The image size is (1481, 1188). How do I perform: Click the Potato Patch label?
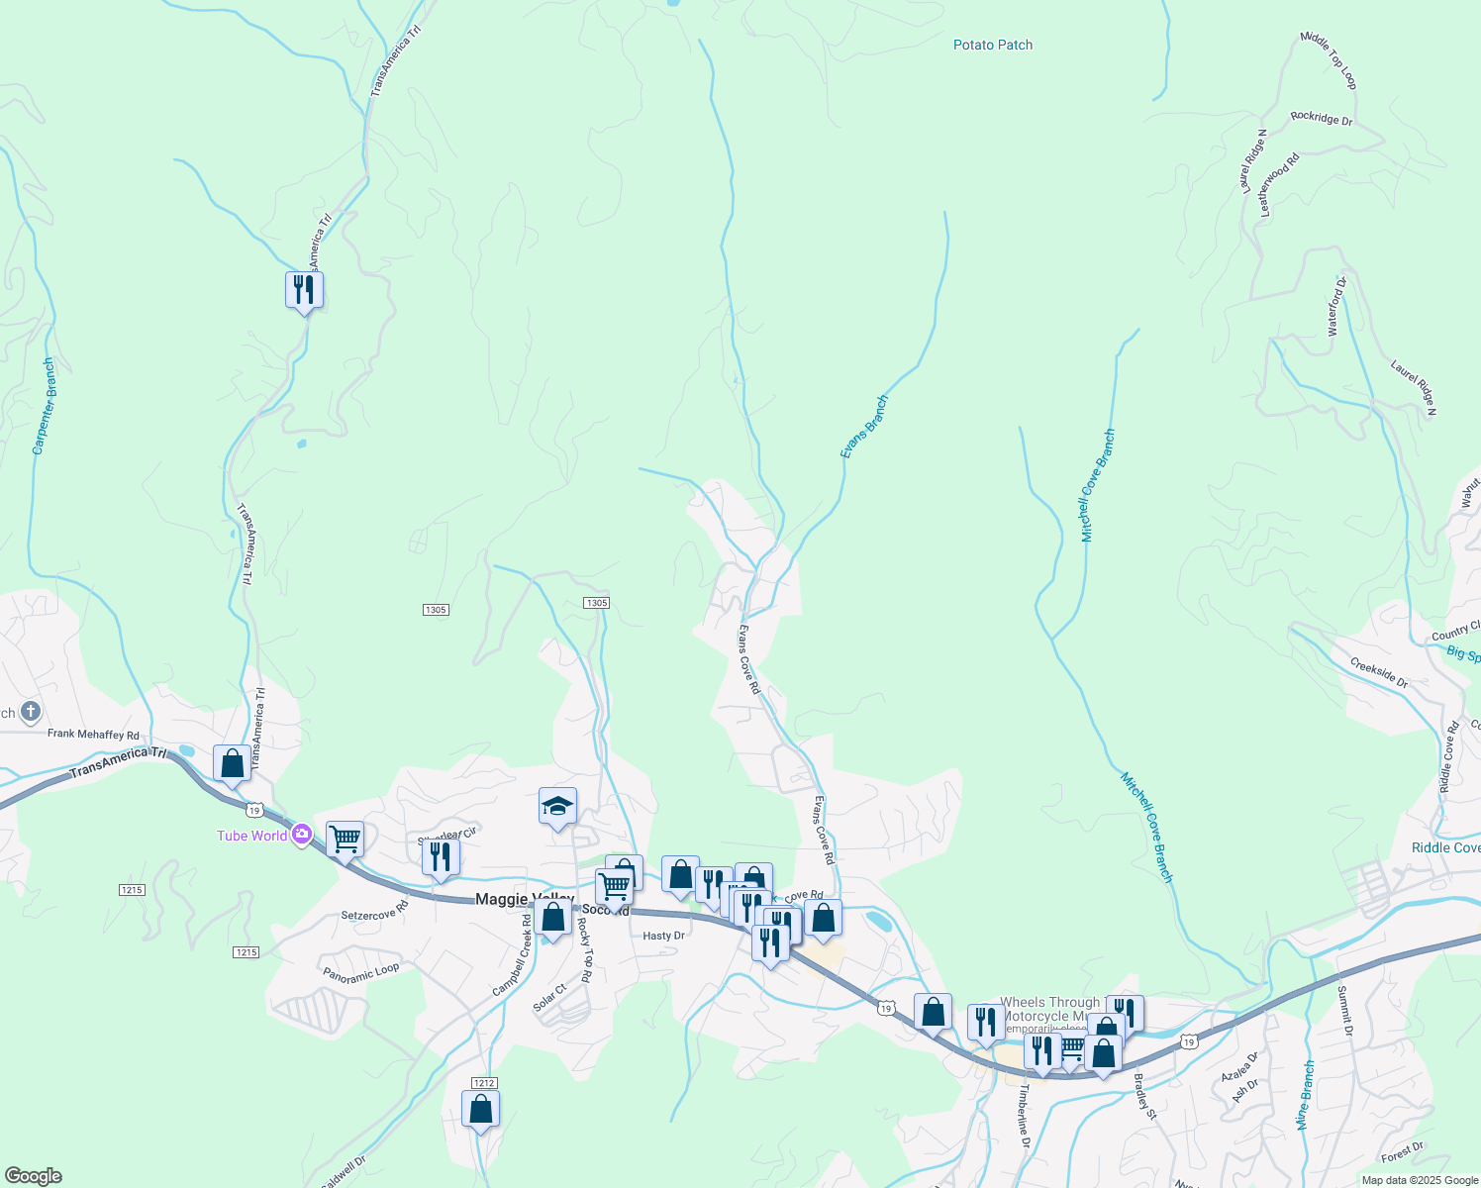pos(992,45)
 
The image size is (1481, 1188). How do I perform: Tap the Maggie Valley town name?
pos(525,899)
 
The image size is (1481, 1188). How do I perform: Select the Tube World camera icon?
pos(302,835)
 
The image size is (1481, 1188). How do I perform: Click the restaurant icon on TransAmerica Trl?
pos(304,290)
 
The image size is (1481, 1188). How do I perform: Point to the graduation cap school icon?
pos(557,806)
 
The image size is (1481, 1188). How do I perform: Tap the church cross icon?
pos(31,711)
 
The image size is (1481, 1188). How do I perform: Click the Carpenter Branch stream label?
pos(44,407)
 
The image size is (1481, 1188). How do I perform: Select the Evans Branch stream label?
pos(864,427)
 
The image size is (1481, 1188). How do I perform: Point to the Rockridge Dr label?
pos(1321,118)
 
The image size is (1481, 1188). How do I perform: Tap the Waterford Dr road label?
pos(1336,307)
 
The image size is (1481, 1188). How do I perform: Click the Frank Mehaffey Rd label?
pos(93,735)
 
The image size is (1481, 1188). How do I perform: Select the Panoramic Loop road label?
pos(361,973)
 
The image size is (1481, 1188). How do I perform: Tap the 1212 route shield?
pos(483,1083)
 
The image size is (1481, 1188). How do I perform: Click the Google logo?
pos(33,1176)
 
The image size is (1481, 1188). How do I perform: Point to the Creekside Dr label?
pos(1379,672)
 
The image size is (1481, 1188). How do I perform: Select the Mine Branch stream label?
pos(1306,1095)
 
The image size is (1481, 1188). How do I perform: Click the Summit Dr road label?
pos(1345,1011)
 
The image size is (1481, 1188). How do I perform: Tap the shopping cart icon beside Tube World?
pos(345,840)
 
